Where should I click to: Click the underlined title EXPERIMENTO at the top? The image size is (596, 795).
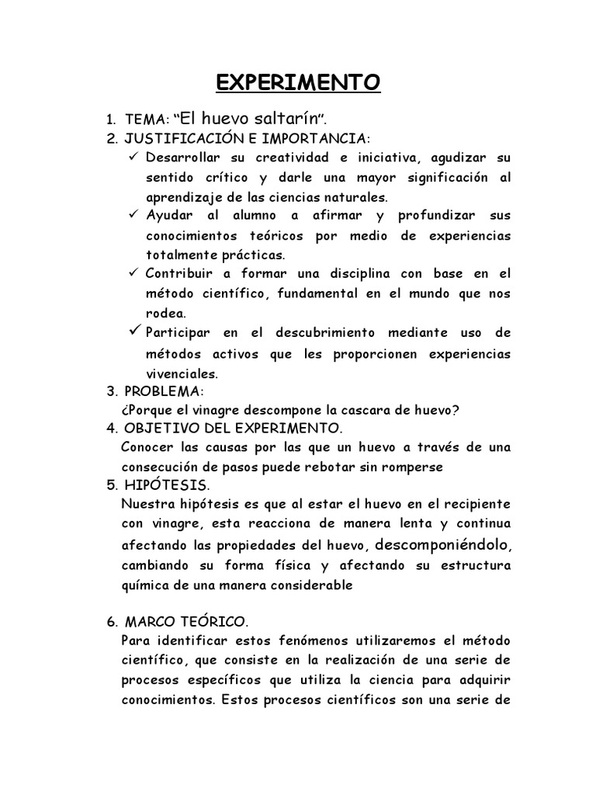[297, 82]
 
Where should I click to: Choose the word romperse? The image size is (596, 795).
[416, 467]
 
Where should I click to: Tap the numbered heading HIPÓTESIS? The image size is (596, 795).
[166, 486]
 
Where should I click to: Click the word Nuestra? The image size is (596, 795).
[145, 505]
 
